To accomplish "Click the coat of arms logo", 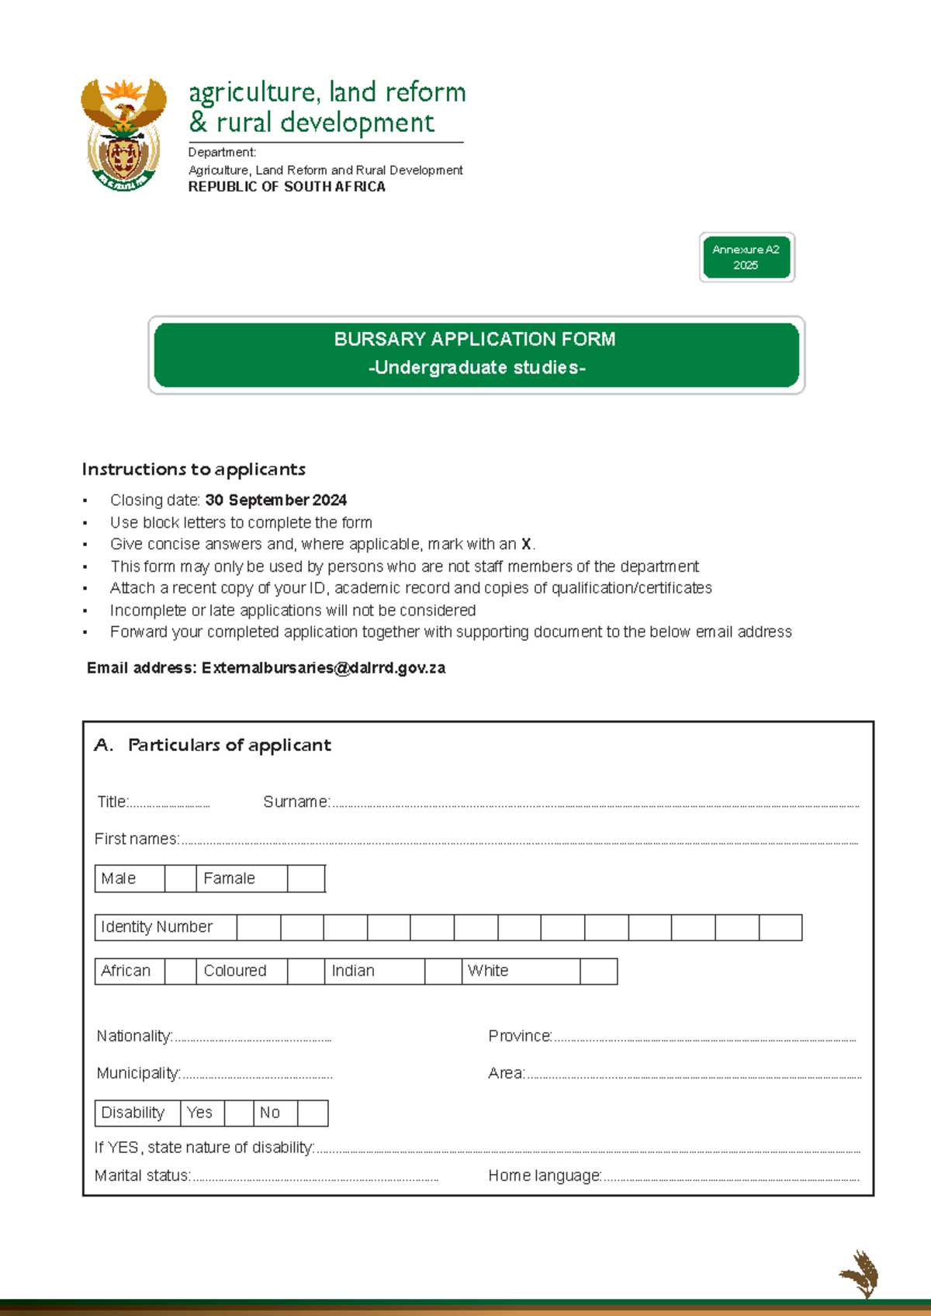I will point(123,134).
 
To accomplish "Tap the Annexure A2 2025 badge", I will point(746,258).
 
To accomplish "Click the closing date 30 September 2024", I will point(275,500).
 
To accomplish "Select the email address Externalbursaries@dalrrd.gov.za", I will point(323,668).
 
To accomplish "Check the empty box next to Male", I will point(180,879).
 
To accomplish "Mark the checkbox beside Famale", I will point(306,879).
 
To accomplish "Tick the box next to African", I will point(180,971).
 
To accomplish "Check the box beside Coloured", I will point(306,971).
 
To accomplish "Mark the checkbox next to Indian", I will point(443,971).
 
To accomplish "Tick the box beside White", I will point(598,971).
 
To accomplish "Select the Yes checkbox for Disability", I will point(239,1113).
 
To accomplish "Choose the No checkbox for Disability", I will point(313,1113).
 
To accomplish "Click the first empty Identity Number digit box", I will point(258,928).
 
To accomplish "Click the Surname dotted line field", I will point(594,804).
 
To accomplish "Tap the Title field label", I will point(112,802).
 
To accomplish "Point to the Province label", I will point(520,1037).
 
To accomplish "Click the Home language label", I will point(545,1176).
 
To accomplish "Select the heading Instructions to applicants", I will point(194,469).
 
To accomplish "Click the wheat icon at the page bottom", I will point(860,1274).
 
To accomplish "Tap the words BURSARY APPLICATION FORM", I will point(475,340).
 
